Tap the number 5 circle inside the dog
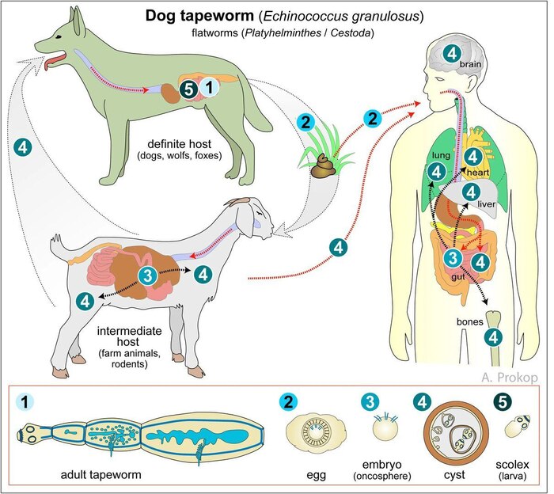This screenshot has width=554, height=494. [186, 89]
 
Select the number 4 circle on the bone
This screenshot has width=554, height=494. [493, 337]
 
